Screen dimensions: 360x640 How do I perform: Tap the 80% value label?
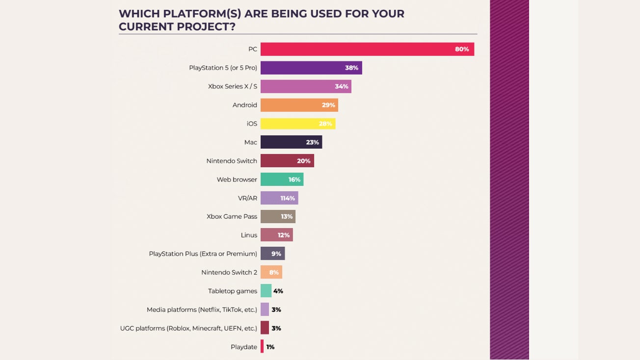coord(462,49)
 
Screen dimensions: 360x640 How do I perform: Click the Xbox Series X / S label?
coord(233,86)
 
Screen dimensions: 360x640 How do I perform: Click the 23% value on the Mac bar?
coord(313,142)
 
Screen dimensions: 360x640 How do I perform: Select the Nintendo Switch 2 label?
coord(229,272)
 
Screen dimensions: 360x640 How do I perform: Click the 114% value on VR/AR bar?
coord(288,198)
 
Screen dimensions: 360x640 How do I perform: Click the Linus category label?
coord(249,235)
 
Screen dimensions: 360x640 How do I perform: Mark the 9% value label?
coord(276,254)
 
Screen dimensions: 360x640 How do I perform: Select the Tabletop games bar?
coord(266,291)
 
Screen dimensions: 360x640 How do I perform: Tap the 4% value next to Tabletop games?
coord(278,291)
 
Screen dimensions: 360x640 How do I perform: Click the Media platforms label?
coord(202,309)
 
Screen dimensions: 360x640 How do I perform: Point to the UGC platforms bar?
coord(265,328)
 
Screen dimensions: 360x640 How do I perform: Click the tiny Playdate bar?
coord(262,347)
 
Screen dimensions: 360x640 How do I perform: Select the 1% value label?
coord(270,347)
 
